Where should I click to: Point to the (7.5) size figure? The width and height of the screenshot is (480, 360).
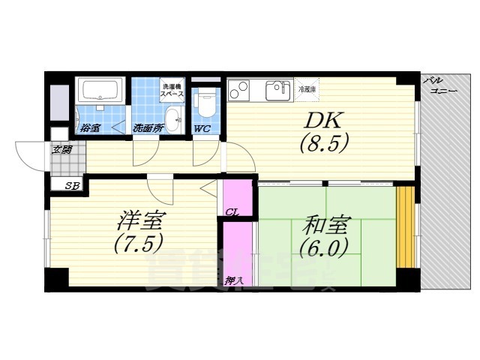[139, 244]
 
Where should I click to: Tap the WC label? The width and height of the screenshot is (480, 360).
[202, 128]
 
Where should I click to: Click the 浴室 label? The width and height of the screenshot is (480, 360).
[91, 128]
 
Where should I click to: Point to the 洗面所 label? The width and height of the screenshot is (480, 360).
[148, 128]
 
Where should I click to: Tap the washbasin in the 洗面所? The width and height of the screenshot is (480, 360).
[172, 118]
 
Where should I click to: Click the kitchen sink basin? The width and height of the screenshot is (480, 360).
[278, 91]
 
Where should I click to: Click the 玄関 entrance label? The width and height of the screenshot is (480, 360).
[62, 150]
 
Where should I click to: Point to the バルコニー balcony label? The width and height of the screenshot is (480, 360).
[439, 85]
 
